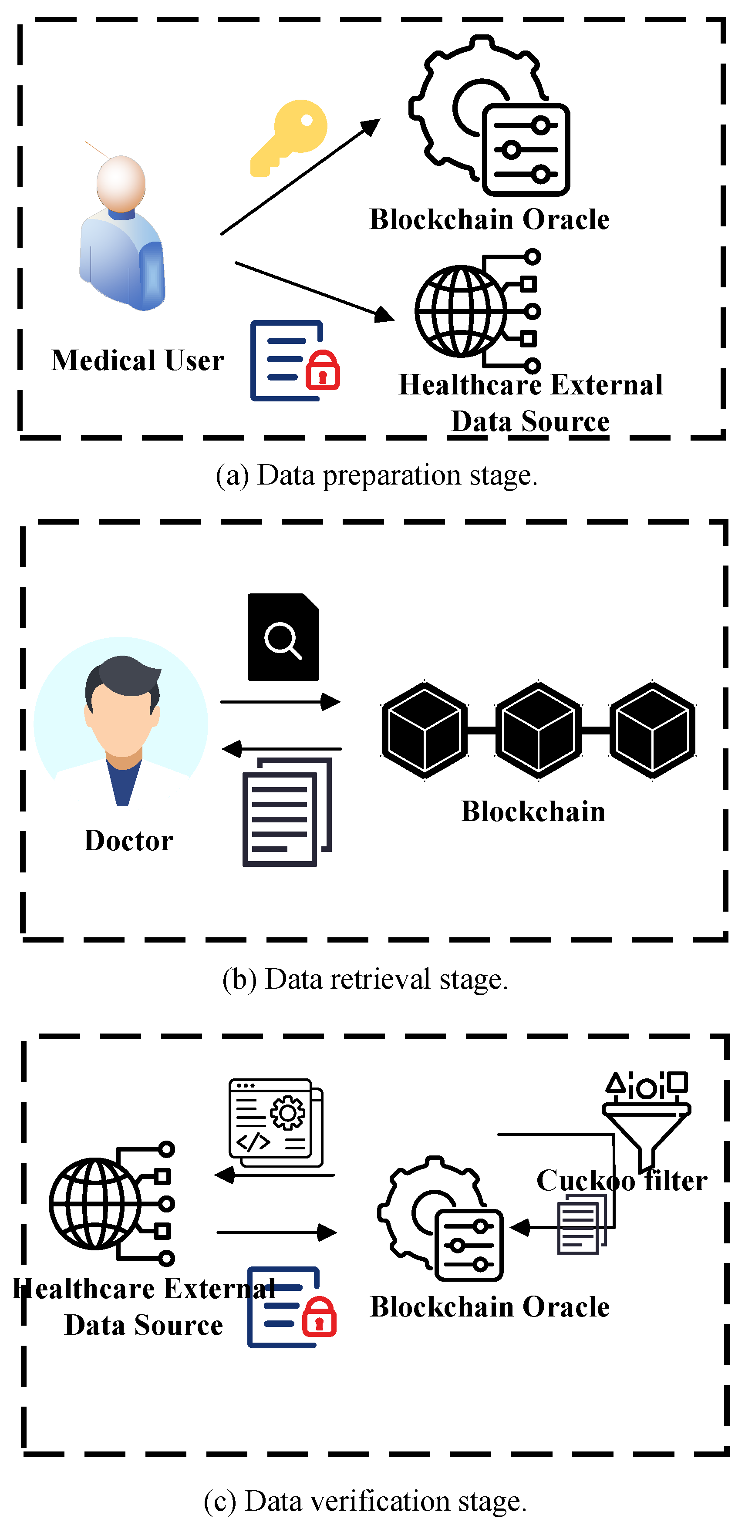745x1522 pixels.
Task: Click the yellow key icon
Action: point(290,137)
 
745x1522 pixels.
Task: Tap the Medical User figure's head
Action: point(121,182)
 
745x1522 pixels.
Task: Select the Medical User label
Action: point(138,360)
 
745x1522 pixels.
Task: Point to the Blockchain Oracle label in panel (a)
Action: point(489,219)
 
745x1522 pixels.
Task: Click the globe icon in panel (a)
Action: point(460,311)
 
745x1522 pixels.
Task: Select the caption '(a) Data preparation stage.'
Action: point(376,475)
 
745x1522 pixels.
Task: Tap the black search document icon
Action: point(283,637)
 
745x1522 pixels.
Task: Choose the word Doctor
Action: point(129,841)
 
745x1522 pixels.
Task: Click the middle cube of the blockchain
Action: point(538,730)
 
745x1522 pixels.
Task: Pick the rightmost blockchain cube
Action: point(652,730)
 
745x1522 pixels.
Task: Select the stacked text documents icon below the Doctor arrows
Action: point(287,812)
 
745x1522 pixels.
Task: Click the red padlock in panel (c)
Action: point(319,1317)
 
